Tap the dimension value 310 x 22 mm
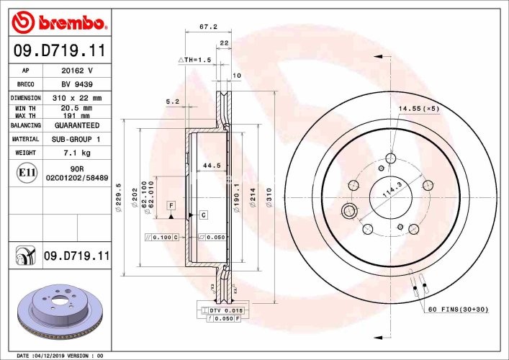point(77,98)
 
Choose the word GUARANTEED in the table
point(78,125)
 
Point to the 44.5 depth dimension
point(211,166)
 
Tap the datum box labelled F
point(171,205)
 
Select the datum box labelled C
point(204,215)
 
